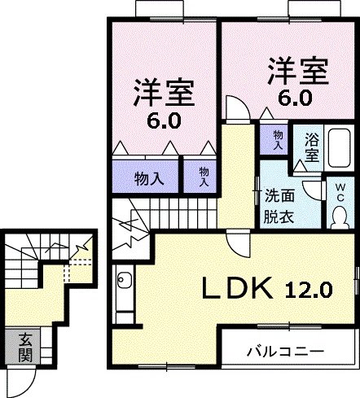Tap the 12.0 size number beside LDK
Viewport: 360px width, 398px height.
click(309, 289)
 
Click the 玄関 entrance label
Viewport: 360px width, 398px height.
click(25, 348)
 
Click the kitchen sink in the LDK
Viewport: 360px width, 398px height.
click(124, 282)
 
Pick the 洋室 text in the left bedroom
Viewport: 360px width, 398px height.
click(165, 93)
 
